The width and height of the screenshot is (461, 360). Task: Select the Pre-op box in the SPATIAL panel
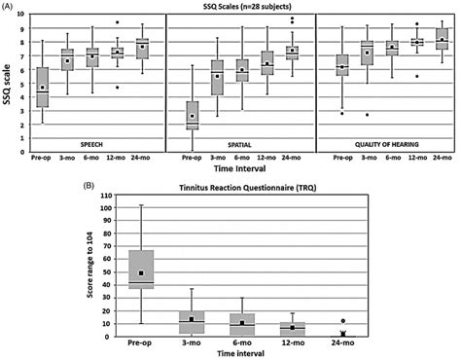[193, 111]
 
